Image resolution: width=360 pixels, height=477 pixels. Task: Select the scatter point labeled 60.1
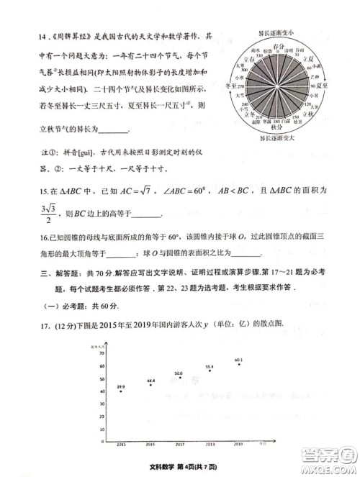(239, 364)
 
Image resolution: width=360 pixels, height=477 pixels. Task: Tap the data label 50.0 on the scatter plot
(179, 373)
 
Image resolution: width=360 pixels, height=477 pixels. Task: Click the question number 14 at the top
(24, 37)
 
